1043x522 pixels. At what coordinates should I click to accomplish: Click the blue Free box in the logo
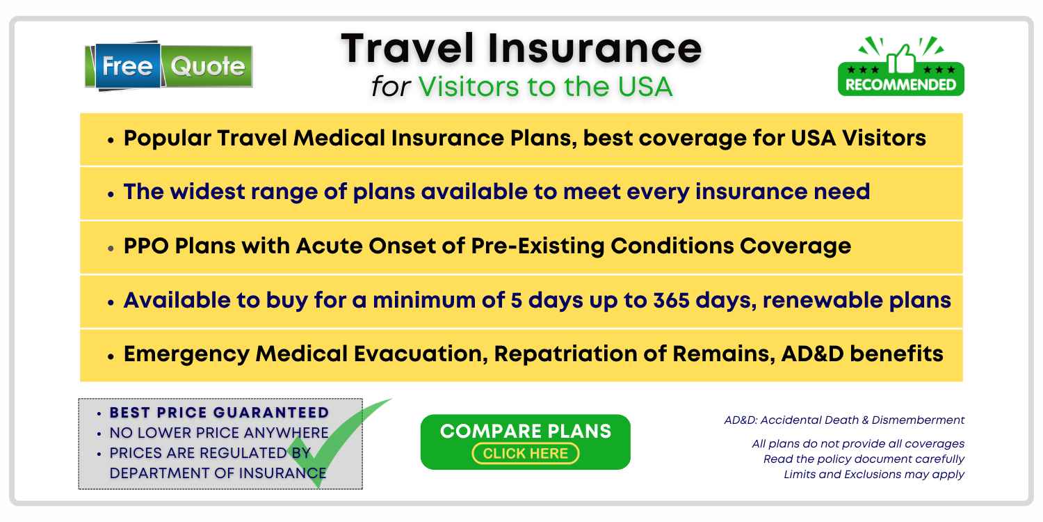pos(127,65)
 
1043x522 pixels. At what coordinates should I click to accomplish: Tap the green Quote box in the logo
pos(207,66)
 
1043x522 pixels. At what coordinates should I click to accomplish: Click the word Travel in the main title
pos(407,49)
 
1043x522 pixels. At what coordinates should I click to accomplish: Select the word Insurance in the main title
pos(595,49)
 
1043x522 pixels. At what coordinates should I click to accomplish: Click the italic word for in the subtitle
pos(391,87)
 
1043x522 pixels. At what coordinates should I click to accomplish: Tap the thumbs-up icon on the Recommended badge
pos(901,59)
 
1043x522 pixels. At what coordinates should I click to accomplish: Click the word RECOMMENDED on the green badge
pos(900,85)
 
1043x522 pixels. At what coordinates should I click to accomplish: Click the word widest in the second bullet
pos(207,191)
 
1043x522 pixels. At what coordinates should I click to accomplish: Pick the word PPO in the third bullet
pos(146,246)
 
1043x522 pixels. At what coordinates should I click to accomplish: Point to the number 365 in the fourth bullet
pos(671,300)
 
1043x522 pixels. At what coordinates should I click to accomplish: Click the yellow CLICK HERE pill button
pos(525,454)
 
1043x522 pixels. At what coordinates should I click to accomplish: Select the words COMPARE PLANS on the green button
pos(525,431)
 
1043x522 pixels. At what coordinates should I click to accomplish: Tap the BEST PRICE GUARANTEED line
pos(219,413)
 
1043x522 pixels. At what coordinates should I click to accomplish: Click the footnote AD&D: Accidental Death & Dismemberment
pos(844,420)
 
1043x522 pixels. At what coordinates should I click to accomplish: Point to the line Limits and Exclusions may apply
pos(874,475)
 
